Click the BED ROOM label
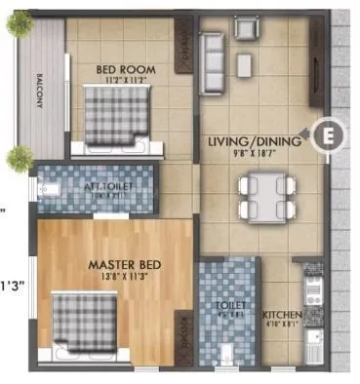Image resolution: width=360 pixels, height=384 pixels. (x=121, y=69)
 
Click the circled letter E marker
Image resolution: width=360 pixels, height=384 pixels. (x=329, y=135)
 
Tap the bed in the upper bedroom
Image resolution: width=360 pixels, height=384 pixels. (x=114, y=118)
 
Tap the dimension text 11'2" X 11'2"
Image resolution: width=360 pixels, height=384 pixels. (x=121, y=82)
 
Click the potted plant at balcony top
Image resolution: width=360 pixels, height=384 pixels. (x=20, y=25)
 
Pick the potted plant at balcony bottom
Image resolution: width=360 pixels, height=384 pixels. (x=17, y=156)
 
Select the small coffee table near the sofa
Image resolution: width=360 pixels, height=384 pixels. (x=244, y=64)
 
